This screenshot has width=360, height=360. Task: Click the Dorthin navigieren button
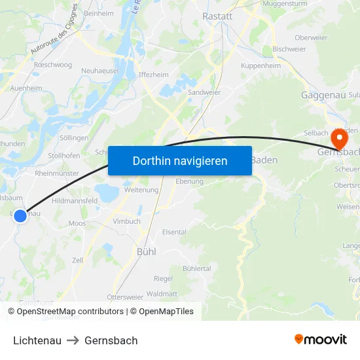[180, 160]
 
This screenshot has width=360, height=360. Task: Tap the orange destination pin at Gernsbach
[340, 139]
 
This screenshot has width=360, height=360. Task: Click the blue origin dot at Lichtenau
[20, 215]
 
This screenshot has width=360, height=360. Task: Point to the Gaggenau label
[323, 95]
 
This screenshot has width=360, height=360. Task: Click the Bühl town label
[146, 251]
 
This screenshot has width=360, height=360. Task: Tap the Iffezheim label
[154, 75]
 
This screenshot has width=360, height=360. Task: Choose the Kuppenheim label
[261, 65]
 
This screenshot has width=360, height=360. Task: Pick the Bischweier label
[289, 49]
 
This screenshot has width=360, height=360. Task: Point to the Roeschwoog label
[53, 65]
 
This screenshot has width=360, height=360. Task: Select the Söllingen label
[74, 138]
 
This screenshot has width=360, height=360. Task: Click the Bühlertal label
[197, 268]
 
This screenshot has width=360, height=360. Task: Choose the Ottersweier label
[124, 297]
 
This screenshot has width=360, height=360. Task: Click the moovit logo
[321, 339]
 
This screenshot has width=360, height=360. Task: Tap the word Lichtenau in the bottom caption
[37, 340]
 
